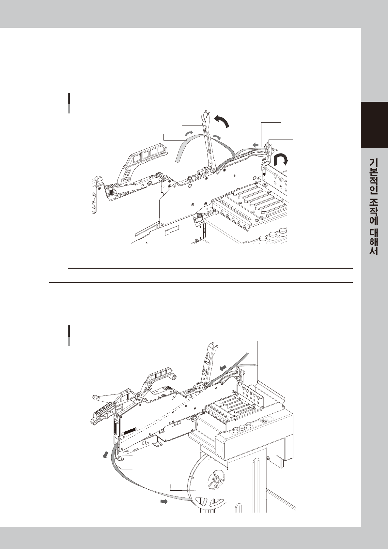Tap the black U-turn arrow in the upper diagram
tap(281, 159)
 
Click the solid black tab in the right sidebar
tap(374, 125)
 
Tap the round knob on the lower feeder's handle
tap(174, 378)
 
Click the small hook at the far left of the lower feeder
tap(96, 397)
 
